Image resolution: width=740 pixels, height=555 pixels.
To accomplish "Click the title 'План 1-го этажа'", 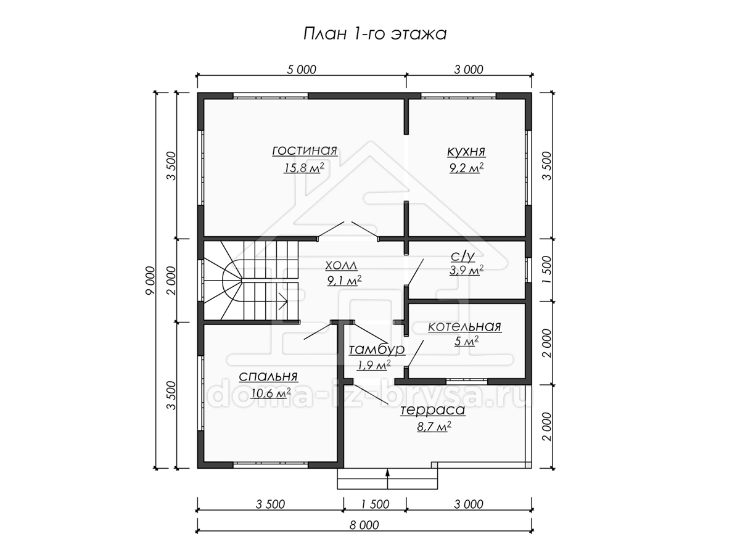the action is point(375,35).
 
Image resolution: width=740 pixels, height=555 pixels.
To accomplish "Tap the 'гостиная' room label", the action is point(305,150).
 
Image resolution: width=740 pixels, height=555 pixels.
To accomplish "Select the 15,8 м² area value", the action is point(304,167).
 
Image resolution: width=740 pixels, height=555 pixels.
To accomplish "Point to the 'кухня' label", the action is point(466,151).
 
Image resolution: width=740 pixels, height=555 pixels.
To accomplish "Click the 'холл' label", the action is point(341,266).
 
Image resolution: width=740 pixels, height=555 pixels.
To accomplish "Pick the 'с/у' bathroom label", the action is point(462,257).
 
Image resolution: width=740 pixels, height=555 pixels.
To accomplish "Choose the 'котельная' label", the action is point(464,327).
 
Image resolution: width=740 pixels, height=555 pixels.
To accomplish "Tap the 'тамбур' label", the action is point(377,350).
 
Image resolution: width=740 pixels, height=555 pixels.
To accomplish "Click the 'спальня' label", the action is point(268,376).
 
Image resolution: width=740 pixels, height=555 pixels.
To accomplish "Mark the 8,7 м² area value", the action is point(434,427).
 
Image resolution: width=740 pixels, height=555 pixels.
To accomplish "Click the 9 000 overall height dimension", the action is point(150,281).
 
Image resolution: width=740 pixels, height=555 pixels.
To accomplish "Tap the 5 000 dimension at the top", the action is point(302,70).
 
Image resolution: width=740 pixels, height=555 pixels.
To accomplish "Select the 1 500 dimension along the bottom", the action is point(375,504).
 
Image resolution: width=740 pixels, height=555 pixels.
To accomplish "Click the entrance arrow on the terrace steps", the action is point(388,479).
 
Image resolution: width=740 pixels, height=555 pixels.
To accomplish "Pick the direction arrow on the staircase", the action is point(282,301).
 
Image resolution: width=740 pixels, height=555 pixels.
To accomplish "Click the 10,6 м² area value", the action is point(270,393).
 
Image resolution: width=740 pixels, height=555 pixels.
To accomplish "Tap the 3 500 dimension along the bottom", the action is point(270,504).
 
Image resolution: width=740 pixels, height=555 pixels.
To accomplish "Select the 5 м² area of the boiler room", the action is point(466,342).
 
